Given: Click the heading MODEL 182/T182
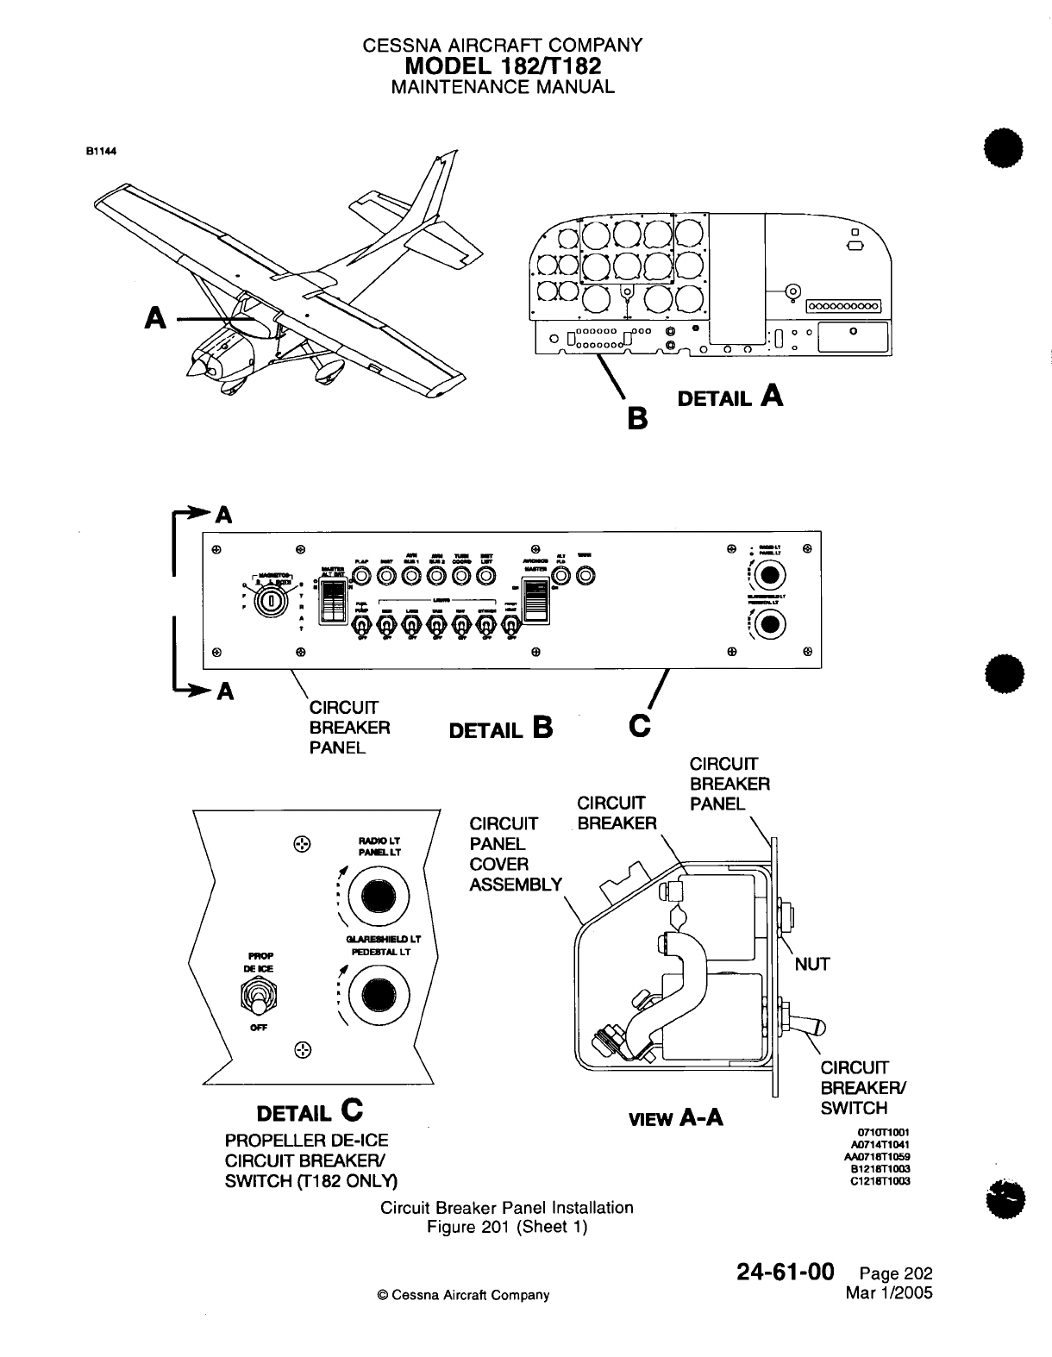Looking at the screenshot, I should coord(503,66).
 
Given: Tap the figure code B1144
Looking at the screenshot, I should coord(100,149).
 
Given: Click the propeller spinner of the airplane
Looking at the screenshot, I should coord(193,369).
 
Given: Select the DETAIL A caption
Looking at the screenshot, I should coord(730,397).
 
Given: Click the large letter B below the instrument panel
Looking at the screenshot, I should coord(636,419).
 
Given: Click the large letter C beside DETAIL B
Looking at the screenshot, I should coord(640,726).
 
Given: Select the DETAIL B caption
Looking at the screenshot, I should coord(501,729).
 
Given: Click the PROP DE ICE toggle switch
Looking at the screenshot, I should coord(258,1000).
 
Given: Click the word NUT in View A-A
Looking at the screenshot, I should coord(811,964).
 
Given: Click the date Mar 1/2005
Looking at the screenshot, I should coord(890,1291).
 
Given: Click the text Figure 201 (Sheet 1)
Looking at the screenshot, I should coord(507,1226).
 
